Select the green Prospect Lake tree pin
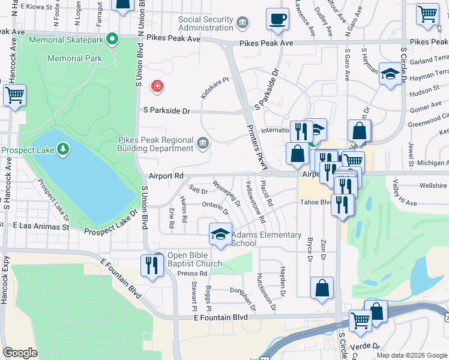click(x=62, y=149)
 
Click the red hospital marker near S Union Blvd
click(x=157, y=86)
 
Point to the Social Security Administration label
click(x=206, y=23)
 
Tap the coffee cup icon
click(x=277, y=19)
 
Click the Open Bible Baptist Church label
click(x=194, y=259)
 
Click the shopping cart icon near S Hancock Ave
click(x=14, y=95)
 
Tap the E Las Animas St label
click(x=41, y=227)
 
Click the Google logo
click(x=20, y=353)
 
